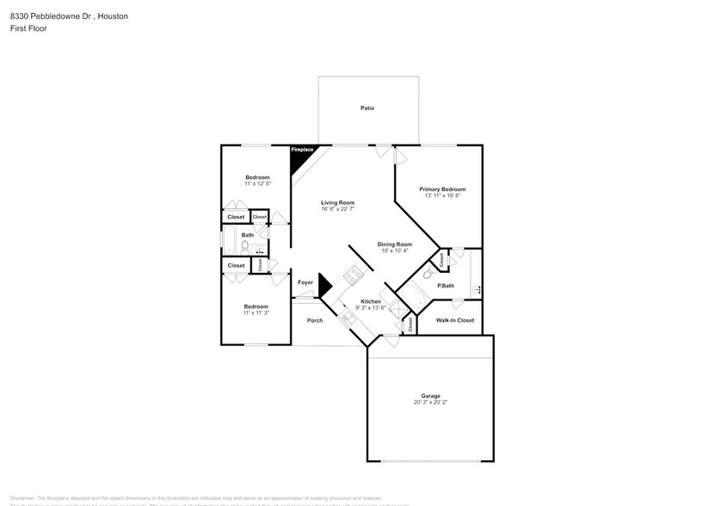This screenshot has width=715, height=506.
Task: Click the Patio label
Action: pyautogui.click(x=367, y=108)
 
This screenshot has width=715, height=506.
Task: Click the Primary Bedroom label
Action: pyautogui.click(x=442, y=189)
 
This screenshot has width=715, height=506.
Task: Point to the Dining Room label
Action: pyautogui.click(x=395, y=244)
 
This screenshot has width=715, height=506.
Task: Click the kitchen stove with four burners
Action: pyautogui.click(x=352, y=275)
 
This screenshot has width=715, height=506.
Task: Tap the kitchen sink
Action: pyautogui.click(x=348, y=318)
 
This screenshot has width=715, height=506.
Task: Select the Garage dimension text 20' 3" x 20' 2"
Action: pyautogui.click(x=430, y=402)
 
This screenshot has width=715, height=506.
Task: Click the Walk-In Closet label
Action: pyautogui.click(x=455, y=320)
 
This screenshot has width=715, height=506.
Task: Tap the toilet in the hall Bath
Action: pyautogui.click(x=245, y=247)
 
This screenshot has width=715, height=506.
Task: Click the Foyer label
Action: pyautogui.click(x=305, y=282)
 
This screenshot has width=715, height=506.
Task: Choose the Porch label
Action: pyautogui.click(x=315, y=320)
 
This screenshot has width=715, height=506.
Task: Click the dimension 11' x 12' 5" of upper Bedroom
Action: pyautogui.click(x=257, y=183)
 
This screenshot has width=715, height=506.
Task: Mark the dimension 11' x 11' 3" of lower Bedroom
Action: pyautogui.click(x=256, y=312)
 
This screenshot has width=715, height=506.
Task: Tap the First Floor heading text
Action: pyautogui.click(x=28, y=28)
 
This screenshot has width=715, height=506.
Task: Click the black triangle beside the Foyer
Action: pyautogui.click(x=324, y=285)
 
